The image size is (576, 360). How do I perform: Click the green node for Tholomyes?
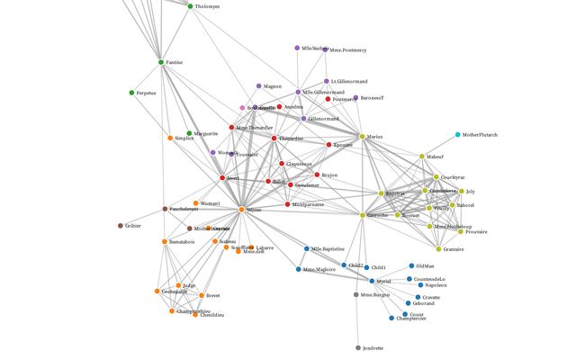190,6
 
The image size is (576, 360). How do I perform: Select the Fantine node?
161,62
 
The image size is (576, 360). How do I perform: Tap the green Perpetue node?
131,93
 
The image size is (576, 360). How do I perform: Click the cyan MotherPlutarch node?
457,135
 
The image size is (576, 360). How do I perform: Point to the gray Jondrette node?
358,347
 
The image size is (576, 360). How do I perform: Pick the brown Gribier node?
120,226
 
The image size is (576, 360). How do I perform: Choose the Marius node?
363,136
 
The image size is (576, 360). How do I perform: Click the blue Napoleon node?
420,285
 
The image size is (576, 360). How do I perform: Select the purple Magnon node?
258,86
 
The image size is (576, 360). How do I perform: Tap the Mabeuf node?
421,157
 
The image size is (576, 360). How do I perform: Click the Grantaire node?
437,248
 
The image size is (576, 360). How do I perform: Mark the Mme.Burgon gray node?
356,295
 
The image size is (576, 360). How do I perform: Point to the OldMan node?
411,265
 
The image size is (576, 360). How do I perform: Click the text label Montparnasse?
308,204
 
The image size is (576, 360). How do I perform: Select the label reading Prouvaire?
477,231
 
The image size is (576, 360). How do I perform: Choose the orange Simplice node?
170,138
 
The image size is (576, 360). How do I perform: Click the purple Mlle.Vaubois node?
297,48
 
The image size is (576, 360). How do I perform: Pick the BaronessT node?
355,97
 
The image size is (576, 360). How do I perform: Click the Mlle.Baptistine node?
307,248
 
